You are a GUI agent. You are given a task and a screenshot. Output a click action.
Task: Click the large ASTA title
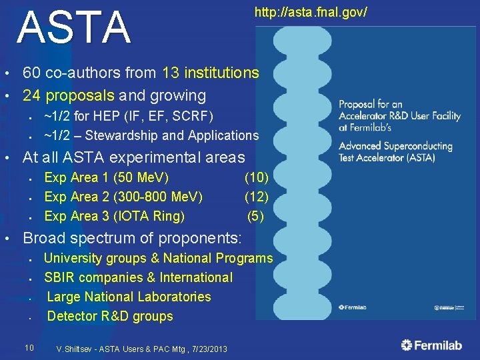(74, 28)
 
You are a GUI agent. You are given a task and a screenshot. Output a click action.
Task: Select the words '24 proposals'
(67, 95)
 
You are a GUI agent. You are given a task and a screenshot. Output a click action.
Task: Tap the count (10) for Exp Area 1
(257, 177)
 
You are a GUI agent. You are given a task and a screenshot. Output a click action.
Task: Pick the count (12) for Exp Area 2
(257, 197)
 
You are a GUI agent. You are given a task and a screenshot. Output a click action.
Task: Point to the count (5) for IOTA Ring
(256, 216)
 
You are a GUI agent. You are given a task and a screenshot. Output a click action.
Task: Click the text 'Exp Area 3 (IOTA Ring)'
(115, 216)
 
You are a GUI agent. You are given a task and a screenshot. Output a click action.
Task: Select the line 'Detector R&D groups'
(110, 316)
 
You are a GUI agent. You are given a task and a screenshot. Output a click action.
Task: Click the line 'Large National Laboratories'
(129, 297)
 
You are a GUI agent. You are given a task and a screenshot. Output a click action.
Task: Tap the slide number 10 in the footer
(29, 347)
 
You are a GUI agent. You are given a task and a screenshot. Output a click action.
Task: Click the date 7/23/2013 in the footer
(206, 349)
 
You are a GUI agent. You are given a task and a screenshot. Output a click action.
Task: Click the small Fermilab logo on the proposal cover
(353, 307)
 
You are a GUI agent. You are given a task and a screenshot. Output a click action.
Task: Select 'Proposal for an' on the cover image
(371, 104)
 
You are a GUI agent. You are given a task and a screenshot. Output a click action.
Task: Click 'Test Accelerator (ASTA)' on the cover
(387, 158)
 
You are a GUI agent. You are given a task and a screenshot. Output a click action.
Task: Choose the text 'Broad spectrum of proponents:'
(131, 238)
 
